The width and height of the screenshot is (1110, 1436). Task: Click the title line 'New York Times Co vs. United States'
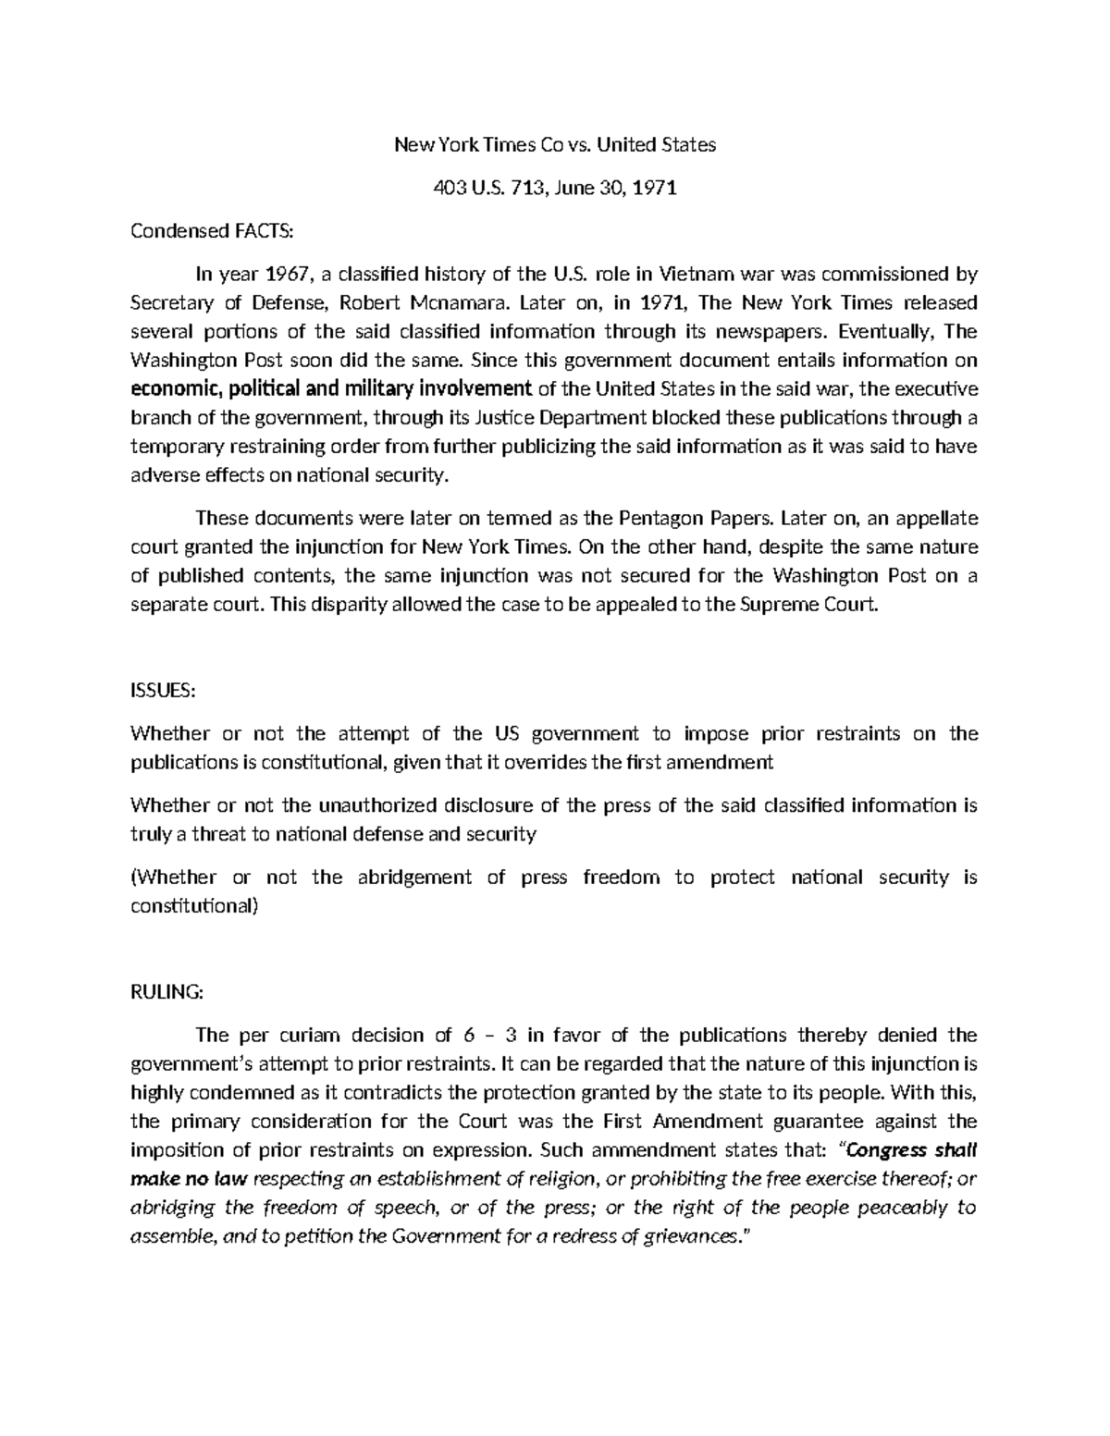[x=555, y=145]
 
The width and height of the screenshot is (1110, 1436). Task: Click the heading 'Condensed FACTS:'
[x=211, y=231]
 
